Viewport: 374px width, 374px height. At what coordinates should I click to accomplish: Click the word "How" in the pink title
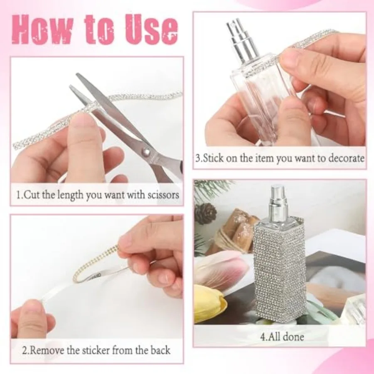42,30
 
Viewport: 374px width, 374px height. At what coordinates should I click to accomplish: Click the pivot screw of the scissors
145,151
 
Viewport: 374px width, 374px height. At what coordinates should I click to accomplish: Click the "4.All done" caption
282,337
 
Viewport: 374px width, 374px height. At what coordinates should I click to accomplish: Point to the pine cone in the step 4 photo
205,213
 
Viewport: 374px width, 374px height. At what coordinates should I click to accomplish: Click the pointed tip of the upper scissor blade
77,74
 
